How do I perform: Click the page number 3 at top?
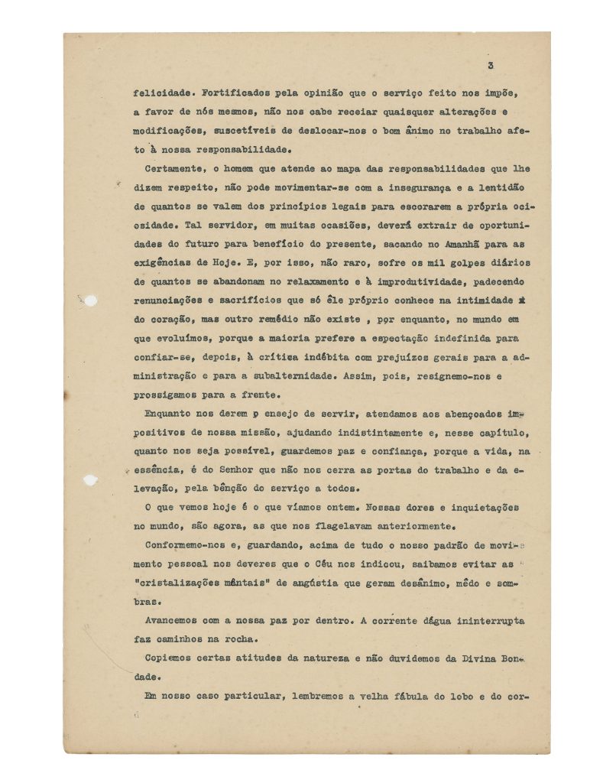(490, 66)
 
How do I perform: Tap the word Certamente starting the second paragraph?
(175, 168)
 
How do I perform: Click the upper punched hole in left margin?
(90, 301)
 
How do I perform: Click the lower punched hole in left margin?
(90, 480)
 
